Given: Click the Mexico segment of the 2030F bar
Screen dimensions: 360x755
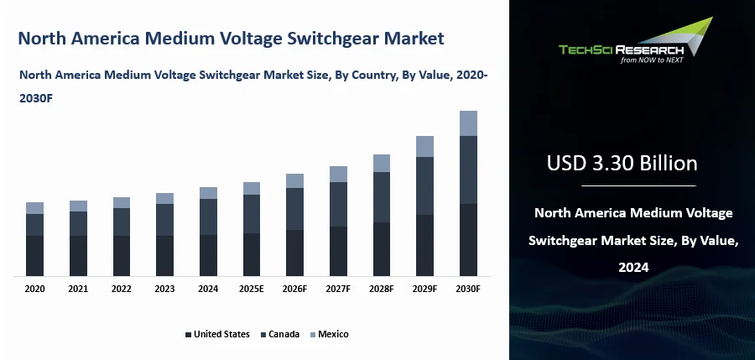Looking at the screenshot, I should (x=468, y=123).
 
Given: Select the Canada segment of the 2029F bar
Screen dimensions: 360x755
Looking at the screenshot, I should (x=424, y=185).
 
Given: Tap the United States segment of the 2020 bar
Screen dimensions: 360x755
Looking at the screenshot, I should (x=34, y=255).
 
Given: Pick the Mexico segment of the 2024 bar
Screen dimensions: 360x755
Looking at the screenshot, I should (x=208, y=193).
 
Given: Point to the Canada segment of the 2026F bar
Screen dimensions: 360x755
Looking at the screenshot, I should (x=294, y=209).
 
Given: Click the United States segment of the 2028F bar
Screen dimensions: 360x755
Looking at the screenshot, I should (x=382, y=248).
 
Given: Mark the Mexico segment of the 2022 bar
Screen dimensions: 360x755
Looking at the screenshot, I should (x=122, y=202).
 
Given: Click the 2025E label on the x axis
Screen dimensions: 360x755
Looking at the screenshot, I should (x=252, y=289).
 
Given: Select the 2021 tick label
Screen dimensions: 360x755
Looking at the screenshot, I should (x=78, y=289).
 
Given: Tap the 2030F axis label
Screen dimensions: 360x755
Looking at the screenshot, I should (x=468, y=289).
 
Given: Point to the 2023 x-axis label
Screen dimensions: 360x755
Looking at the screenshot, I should (x=164, y=289).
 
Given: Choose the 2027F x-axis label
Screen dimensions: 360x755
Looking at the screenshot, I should (x=338, y=289).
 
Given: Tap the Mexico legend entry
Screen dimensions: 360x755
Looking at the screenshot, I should (x=329, y=334).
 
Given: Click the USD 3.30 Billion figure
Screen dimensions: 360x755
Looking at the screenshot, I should (x=622, y=162).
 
